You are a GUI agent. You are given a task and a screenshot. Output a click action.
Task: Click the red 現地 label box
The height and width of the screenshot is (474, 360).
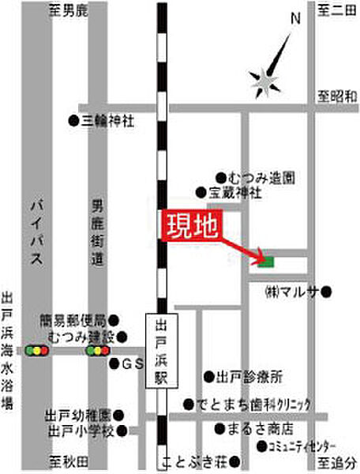click(x=192, y=227)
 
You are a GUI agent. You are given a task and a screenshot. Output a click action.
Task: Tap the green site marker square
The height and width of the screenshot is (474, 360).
click(x=268, y=261)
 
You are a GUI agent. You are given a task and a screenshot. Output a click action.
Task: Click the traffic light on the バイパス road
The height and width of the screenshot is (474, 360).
click(x=36, y=349)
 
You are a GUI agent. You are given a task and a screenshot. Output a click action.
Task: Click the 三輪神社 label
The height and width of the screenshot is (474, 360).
click(x=107, y=121)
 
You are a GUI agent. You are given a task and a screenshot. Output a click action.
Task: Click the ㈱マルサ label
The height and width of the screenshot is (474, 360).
click(x=291, y=292)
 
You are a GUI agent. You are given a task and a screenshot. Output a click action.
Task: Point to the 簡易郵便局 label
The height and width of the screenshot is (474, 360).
click(x=76, y=321)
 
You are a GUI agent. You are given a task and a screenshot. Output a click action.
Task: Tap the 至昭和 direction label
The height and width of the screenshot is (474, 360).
click(x=335, y=95)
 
